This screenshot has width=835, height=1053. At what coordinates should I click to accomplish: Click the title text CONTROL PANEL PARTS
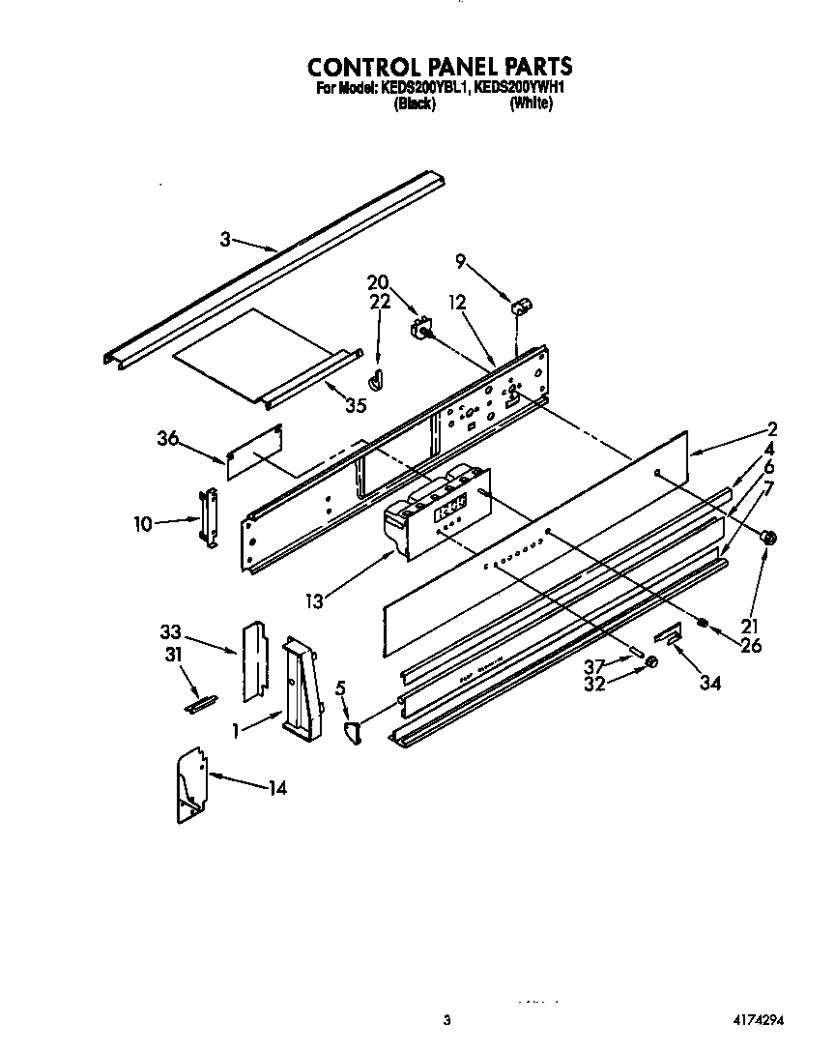pyautogui.click(x=440, y=67)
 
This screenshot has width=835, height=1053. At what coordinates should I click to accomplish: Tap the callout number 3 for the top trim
pyautogui.click(x=225, y=240)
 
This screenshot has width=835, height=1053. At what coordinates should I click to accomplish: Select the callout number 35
pyautogui.click(x=355, y=406)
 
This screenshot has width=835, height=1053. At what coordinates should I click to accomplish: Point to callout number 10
pyautogui.click(x=143, y=524)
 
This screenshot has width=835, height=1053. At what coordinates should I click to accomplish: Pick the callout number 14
pyautogui.click(x=276, y=788)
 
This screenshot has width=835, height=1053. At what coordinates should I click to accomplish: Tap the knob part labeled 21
pyautogui.click(x=769, y=538)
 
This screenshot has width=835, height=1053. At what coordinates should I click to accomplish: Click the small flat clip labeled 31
pyautogui.click(x=201, y=703)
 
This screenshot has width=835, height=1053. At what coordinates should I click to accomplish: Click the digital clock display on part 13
pyautogui.click(x=451, y=506)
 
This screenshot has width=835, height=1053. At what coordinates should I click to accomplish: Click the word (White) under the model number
pyautogui.click(x=531, y=104)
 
